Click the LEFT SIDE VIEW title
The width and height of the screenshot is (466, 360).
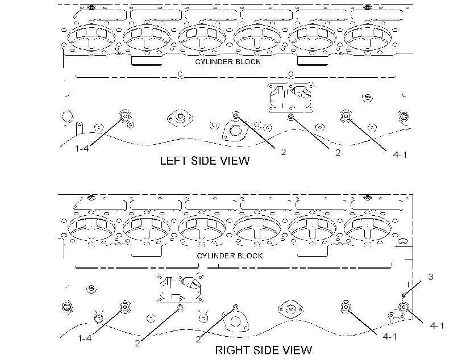click(x=205, y=161)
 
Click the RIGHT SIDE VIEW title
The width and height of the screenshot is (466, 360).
click(x=264, y=350)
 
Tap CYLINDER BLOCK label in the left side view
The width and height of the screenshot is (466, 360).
click(x=228, y=61)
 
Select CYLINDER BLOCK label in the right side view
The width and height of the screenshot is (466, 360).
click(x=230, y=256)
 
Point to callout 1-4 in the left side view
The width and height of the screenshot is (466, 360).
click(x=82, y=149)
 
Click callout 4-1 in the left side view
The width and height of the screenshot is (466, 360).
click(x=400, y=154)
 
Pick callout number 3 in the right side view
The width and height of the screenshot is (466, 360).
click(x=431, y=277)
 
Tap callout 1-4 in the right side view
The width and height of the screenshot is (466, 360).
click(x=85, y=338)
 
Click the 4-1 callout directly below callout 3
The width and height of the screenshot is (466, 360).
click(x=437, y=326)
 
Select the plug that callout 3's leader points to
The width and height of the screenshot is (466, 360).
click(x=403, y=295)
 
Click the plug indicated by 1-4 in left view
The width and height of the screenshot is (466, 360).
click(x=125, y=116)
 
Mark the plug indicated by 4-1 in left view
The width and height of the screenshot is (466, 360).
click(x=346, y=116)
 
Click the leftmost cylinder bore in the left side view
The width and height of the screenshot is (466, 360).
click(x=91, y=37)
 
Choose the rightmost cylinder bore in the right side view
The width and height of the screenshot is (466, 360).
click(x=368, y=228)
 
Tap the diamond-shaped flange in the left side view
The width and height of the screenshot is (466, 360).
click(x=180, y=118)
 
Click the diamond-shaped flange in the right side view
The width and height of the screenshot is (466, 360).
click(x=290, y=309)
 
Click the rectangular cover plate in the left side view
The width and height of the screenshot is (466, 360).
click(x=290, y=97)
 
